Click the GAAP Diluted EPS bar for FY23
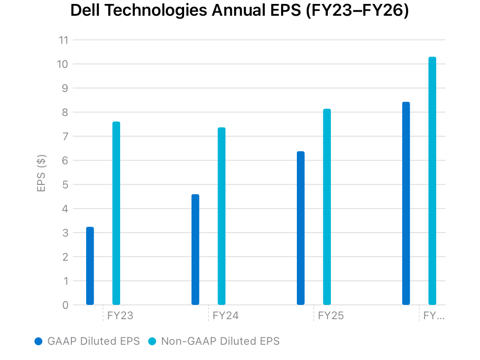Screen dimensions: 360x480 point(90,266)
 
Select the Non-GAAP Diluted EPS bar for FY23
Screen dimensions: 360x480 point(116,213)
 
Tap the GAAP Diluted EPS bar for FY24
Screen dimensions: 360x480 point(195,250)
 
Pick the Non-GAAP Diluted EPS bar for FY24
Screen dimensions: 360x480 point(222,216)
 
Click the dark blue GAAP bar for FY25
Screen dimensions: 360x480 point(301,228)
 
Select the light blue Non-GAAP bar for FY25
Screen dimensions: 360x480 point(327,207)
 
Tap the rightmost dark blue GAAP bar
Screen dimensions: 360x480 point(406,204)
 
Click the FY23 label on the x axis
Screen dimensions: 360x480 point(120,316)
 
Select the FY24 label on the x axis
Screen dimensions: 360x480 point(225,316)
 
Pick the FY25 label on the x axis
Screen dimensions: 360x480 point(331,316)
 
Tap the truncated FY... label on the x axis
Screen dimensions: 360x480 point(434,316)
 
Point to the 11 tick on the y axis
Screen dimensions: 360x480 point(63,40)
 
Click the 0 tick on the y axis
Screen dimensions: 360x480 point(65,305)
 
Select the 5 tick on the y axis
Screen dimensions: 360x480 point(65,184)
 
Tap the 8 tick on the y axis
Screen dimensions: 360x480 point(65,112)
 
